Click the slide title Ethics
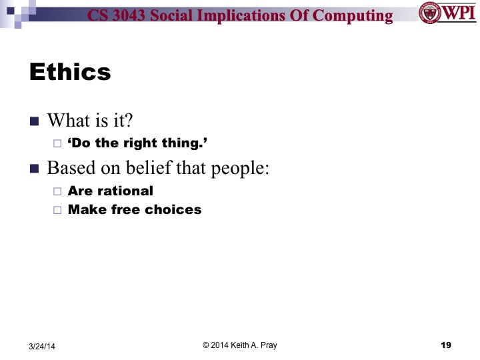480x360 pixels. click(70, 72)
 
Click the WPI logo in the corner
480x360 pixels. click(446, 13)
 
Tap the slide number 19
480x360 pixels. click(446, 345)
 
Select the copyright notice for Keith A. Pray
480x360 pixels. click(239, 345)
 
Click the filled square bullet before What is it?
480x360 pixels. click(35, 121)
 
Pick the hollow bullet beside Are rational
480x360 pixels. click(57, 191)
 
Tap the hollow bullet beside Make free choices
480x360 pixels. click(57, 210)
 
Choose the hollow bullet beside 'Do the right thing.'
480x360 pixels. click(57, 143)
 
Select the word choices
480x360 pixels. click(174, 209)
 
